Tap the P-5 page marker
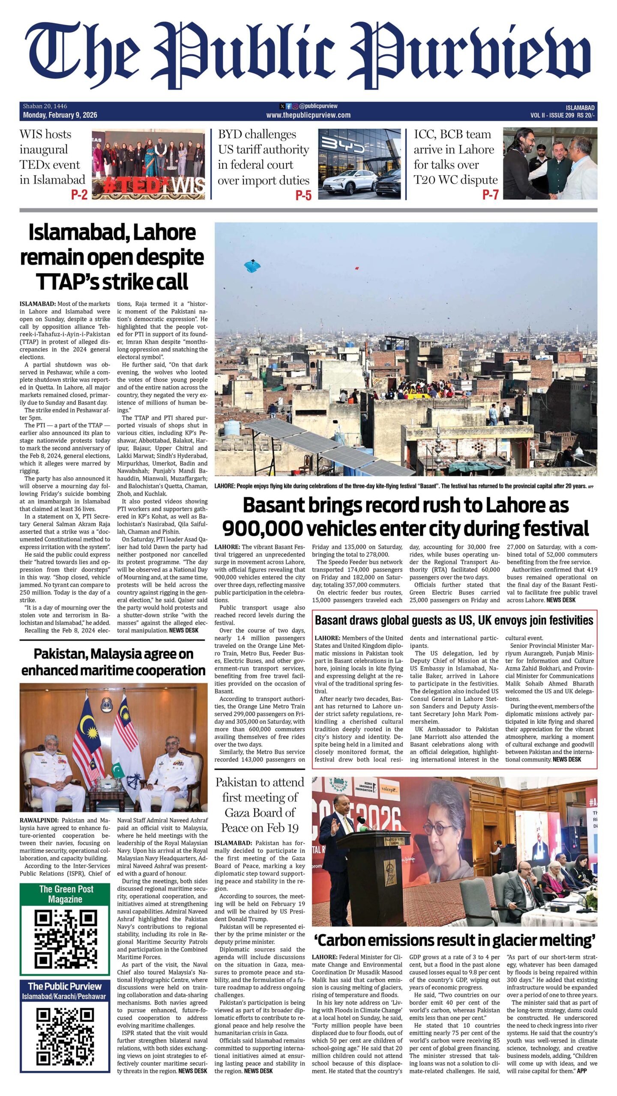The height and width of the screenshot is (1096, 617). (303, 195)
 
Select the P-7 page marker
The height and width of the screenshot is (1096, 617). (490, 195)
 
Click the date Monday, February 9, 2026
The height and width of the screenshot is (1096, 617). (60, 115)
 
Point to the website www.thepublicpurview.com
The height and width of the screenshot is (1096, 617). (308, 115)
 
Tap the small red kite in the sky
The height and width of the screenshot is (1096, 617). (356, 268)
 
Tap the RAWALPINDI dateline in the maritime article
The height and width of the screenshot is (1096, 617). (39, 820)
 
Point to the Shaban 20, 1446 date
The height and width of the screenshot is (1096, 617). (45, 106)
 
